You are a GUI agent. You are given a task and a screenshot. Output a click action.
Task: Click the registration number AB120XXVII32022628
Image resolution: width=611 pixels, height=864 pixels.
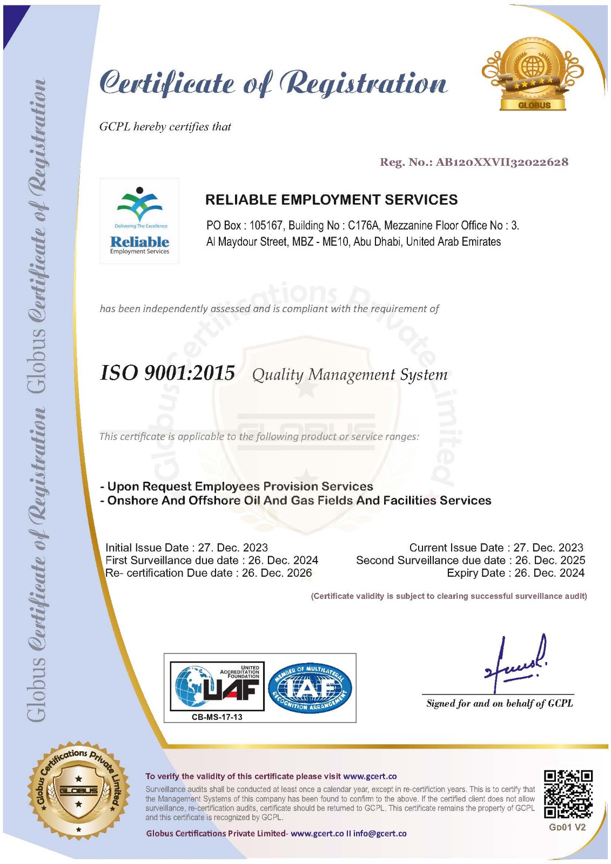502,162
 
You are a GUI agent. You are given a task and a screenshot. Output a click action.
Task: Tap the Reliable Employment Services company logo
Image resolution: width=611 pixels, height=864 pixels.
139,221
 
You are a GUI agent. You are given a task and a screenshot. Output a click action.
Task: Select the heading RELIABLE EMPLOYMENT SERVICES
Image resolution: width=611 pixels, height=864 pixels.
331,200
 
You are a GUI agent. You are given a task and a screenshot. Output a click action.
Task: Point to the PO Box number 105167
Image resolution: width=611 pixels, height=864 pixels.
266,226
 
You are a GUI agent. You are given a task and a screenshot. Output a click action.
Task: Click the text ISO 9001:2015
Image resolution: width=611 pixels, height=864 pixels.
167,373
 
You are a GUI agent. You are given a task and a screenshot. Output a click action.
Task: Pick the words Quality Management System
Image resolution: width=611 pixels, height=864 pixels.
350,375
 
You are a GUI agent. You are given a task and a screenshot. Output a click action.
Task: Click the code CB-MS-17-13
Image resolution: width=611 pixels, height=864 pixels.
217,717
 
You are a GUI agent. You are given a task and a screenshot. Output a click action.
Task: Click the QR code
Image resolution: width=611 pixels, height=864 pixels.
568,794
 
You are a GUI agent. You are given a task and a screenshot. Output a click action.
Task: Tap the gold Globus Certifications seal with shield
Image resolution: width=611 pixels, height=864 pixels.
79,791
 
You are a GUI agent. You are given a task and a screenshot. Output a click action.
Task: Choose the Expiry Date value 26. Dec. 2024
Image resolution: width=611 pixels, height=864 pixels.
549,573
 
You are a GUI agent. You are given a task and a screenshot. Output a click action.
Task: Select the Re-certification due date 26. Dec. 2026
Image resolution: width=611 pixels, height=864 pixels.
277,573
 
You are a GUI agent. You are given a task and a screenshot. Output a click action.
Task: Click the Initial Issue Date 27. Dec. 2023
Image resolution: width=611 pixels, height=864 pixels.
233,548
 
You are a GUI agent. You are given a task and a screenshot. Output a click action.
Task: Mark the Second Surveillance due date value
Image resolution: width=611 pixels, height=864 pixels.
550,561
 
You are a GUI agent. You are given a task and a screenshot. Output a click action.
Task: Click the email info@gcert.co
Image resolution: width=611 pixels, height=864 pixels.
380,833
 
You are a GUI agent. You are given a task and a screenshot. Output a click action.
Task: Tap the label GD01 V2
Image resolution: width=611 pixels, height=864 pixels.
567,827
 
